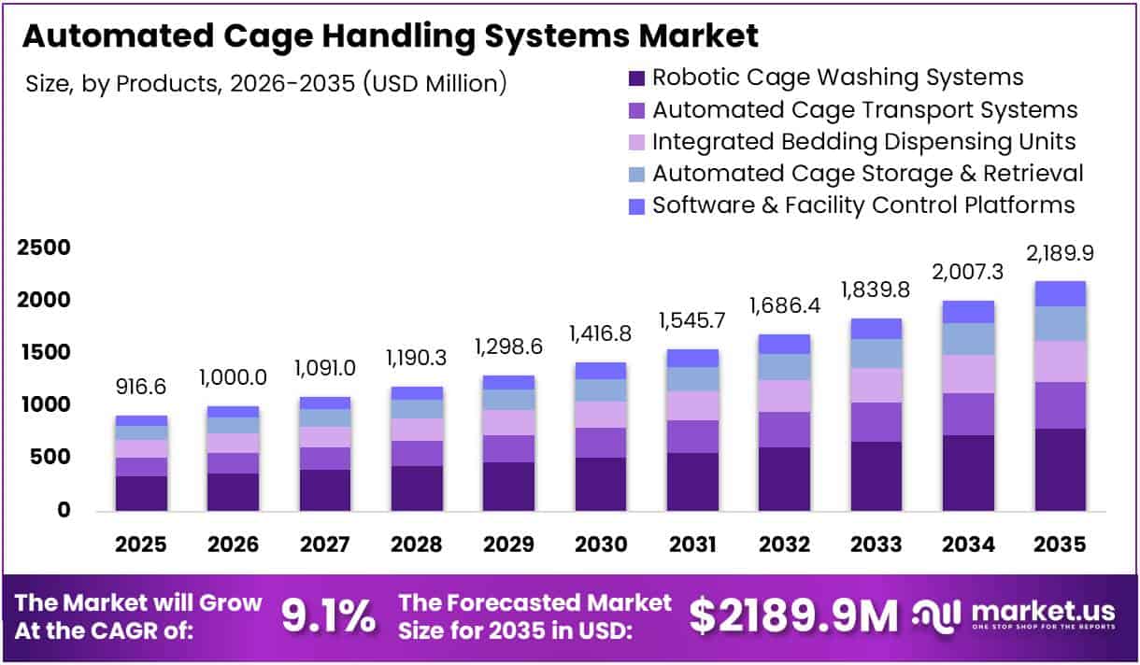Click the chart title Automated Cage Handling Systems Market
pyautogui.click(x=390, y=35)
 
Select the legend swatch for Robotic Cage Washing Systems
pyautogui.click(x=636, y=78)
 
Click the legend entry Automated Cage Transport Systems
pyautogui.click(x=864, y=109)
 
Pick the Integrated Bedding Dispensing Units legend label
pyautogui.click(x=863, y=141)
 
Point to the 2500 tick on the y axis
pyautogui.click(x=43, y=248)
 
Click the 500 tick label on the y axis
pyautogui.click(x=50, y=458)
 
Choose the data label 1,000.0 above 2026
pyautogui.click(x=233, y=379)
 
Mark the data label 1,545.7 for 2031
pyautogui.click(x=692, y=322)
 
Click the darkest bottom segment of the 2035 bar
pyautogui.click(x=1061, y=470)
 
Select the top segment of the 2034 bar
pyautogui.click(x=968, y=312)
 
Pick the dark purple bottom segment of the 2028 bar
pyautogui.click(x=417, y=488)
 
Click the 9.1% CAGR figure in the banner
pyautogui.click(x=328, y=615)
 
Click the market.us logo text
pyautogui.click(x=1043, y=612)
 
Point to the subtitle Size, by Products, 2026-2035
pyautogui.click(x=267, y=83)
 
